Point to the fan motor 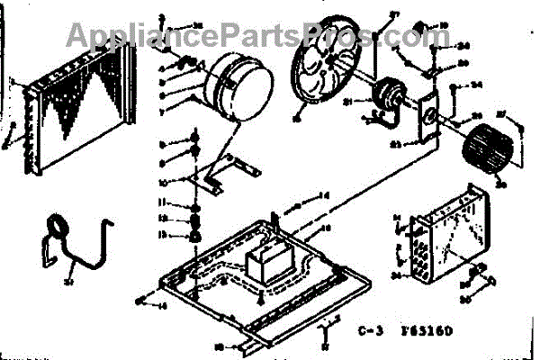pyautogui.click(x=390, y=97)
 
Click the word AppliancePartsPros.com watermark pyautogui.click(x=244, y=36)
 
